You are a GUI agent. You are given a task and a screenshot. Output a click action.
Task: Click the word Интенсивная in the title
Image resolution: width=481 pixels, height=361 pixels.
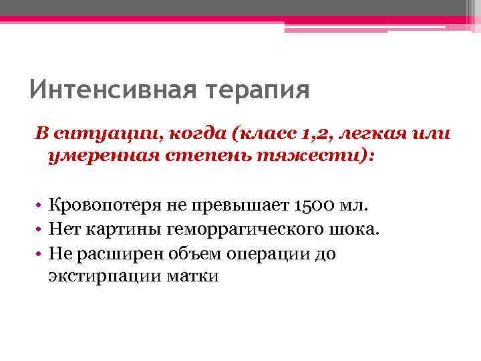pyautogui.click(x=108, y=89)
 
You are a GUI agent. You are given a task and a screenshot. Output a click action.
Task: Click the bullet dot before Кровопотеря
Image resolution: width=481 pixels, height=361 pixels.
pyautogui.click(x=40, y=206)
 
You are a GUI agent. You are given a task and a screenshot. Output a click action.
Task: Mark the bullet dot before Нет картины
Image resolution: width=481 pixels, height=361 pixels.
pyautogui.click(x=40, y=230)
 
